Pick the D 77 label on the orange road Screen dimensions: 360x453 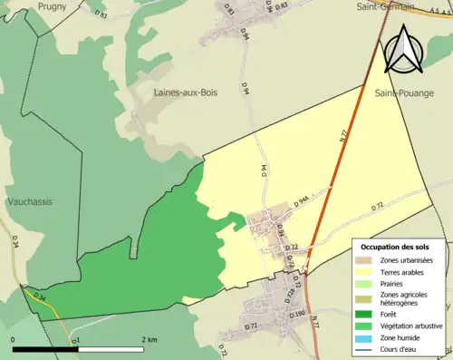coord(345,134)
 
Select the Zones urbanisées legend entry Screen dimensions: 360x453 coord(407,260)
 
